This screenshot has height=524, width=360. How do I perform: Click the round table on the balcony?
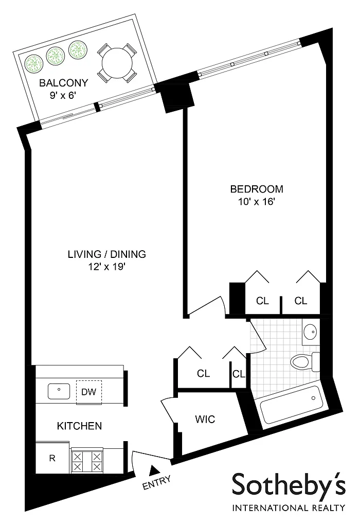pos(117,62)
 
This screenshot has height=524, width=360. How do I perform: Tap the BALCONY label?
pos(63,83)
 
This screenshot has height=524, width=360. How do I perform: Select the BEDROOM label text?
pos(257,189)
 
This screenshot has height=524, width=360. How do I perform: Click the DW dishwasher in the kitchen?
pos(89,392)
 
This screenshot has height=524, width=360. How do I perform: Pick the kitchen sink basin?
pos(59,391)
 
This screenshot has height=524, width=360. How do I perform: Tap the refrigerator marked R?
pos(52,458)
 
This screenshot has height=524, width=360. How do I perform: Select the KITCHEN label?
pos(80,426)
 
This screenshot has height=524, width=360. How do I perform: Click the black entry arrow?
pos(154,470)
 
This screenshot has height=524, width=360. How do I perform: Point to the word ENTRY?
pos(157,482)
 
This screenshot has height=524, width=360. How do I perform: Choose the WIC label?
pos(205,419)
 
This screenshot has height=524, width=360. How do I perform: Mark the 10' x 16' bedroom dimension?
pos(257,202)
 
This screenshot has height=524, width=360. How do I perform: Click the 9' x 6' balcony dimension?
pos(63,96)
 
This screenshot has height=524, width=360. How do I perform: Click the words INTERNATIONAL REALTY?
pos(289,508)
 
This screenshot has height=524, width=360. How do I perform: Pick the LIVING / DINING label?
pos(107,254)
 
